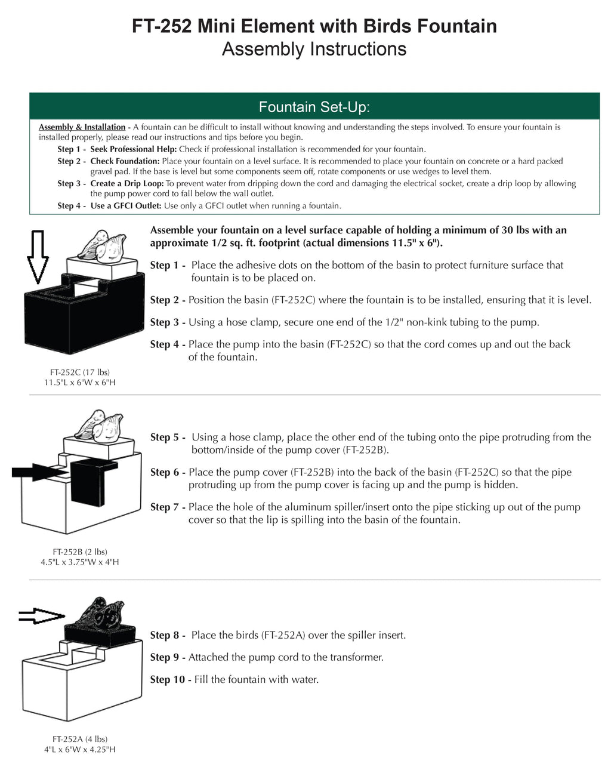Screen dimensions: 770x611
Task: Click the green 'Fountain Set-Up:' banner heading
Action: click(314, 107)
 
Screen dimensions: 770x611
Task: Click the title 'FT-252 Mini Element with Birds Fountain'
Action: click(314, 26)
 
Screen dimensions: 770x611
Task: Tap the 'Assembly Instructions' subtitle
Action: click(314, 49)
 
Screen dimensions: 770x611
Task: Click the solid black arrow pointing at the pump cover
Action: click(39, 472)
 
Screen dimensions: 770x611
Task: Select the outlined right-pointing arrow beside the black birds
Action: click(41, 616)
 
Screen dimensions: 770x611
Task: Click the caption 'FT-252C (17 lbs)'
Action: click(80, 372)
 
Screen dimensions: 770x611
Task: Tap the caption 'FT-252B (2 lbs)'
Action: click(80, 552)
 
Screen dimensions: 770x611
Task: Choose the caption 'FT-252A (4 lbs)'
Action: click(80, 739)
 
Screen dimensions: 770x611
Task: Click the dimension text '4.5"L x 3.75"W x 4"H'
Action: click(80, 562)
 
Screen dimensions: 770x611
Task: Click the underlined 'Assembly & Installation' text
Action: click(82, 127)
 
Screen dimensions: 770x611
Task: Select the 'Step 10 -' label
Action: click(170, 679)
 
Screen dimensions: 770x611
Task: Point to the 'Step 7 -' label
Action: click(168, 507)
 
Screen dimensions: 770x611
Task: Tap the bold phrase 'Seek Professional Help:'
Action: click(133, 149)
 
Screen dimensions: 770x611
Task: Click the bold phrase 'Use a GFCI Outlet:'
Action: click(126, 206)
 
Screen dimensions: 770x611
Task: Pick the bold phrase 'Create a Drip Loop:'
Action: click(126, 183)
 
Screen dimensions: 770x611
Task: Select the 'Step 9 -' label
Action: click(168, 657)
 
